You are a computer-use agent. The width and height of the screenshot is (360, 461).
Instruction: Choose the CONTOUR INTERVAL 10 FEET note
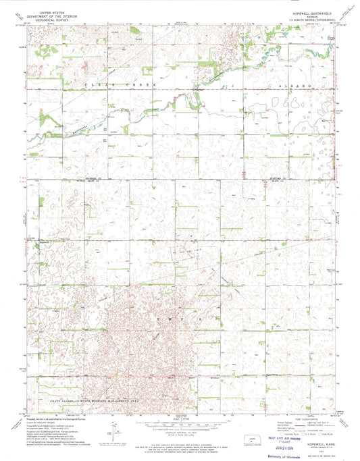tap(180, 432)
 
